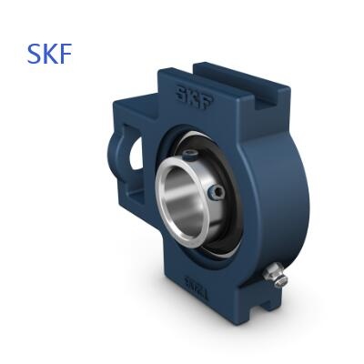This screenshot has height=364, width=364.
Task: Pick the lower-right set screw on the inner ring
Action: (x=217, y=192)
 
